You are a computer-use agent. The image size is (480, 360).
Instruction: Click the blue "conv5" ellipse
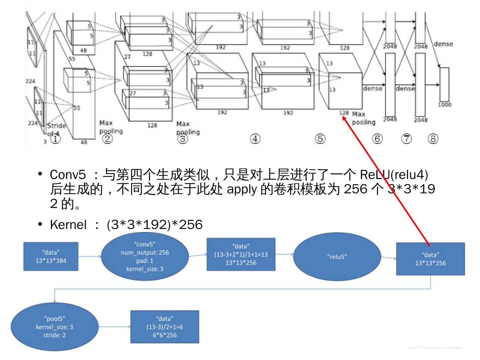coord(145,256)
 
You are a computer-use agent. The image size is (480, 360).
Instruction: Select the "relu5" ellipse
coord(337,257)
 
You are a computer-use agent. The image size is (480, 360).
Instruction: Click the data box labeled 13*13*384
coord(51,256)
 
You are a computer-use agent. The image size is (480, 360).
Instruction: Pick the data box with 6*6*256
coord(165,327)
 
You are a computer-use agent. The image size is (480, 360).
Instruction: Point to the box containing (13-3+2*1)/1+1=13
coord(241,254)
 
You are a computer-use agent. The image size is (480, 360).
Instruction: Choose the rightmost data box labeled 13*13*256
coord(430,259)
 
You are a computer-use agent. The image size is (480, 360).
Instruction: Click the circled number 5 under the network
coord(320,138)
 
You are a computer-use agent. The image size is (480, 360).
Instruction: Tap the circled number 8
coord(433,138)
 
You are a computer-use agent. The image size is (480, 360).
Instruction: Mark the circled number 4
coord(255,138)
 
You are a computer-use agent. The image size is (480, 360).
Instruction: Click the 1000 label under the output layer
coord(445,105)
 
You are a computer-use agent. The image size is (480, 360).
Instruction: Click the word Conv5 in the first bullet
coord(68,174)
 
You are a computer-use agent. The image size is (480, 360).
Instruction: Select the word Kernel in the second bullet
coord(68,225)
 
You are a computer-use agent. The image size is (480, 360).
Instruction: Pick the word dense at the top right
coord(443,44)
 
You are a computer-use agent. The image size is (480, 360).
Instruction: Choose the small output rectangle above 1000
coord(444,84)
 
